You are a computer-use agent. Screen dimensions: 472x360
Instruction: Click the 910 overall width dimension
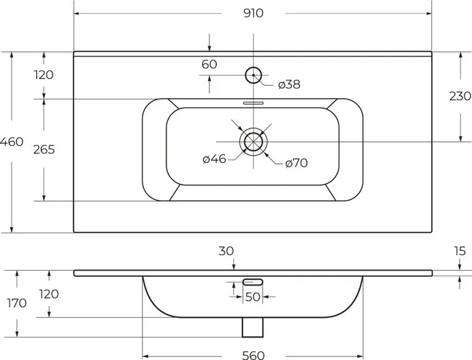253,13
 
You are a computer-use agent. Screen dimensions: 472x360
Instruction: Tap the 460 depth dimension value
12,141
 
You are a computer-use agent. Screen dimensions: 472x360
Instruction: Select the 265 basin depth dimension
44,149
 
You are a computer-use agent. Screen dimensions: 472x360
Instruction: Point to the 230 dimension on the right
460,96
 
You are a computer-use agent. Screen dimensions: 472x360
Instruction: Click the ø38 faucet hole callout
289,85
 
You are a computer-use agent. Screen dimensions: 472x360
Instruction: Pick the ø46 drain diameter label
214,159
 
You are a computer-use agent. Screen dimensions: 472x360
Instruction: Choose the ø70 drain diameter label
297,163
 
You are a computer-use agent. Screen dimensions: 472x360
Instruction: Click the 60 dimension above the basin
209,64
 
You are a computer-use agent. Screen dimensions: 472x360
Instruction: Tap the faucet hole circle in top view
254,75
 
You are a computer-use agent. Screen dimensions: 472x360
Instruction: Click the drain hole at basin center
254,141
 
